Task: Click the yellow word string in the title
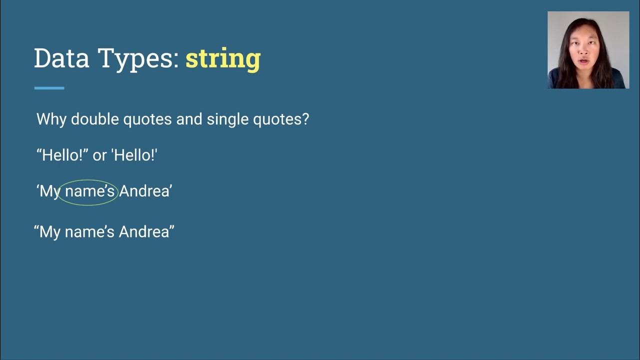tap(223, 58)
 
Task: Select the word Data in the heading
tap(61, 58)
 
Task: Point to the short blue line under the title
tap(49, 88)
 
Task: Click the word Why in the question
tap(51, 119)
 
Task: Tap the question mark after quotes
tap(305, 119)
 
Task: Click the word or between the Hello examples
tap(99, 155)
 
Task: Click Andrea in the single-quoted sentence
tap(144, 191)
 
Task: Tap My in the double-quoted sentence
tap(50, 232)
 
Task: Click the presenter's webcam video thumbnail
tap(588, 50)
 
